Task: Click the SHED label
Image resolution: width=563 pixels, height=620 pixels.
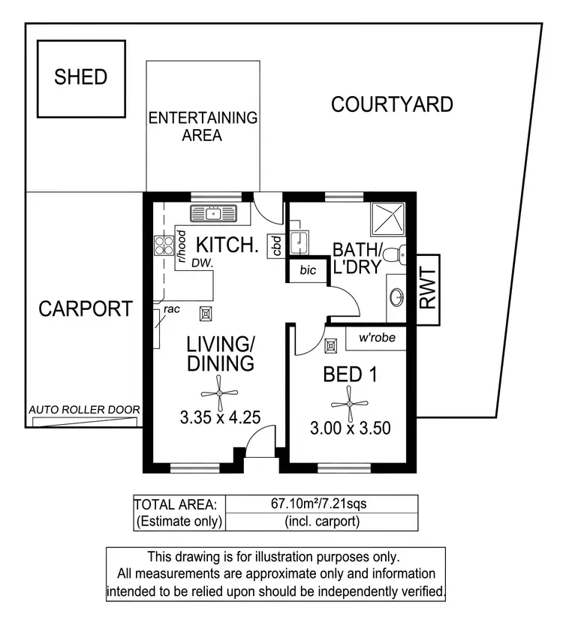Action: click(x=80, y=77)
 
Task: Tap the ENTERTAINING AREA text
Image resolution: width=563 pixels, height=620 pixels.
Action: click(x=202, y=126)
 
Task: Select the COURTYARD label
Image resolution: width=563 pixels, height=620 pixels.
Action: click(x=392, y=104)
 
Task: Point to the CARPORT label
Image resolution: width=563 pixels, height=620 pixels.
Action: click(x=86, y=308)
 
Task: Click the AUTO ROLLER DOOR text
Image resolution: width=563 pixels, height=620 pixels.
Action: click(x=84, y=410)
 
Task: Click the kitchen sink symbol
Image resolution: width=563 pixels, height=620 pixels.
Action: click(x=213, y=213)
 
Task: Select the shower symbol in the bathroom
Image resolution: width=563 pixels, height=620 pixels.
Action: click(x=387, y=220)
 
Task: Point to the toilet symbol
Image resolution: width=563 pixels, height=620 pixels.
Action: click(x=393, y=256)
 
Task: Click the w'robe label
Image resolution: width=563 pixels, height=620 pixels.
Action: click(x=376, y=338)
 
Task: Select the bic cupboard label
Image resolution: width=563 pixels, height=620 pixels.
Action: click(x=308, y=269)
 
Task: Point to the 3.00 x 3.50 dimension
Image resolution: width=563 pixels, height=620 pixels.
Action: click(x=350, y=429)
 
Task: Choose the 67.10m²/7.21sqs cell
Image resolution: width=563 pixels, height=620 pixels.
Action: click(x=321, y=503)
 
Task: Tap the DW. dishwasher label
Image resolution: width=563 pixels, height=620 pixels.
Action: click(x=200, y=263)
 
